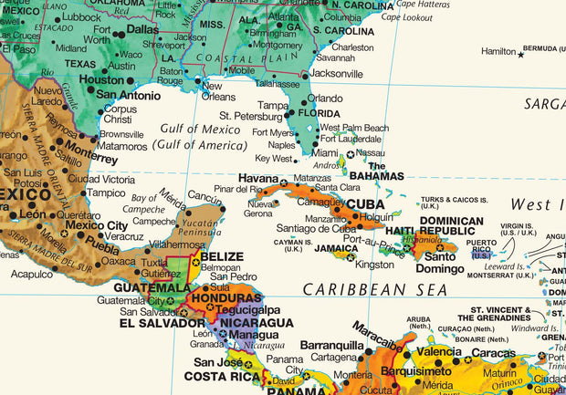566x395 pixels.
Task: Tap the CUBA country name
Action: point(365,204)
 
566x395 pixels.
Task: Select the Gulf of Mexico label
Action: point(200,130)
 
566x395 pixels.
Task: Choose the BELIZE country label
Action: point(223,256)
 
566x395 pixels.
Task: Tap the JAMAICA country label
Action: point(337,247)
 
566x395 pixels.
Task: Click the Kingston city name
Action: point(374,265)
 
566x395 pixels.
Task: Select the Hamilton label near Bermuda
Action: point(498,52)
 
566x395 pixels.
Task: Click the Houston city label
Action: point(100,79)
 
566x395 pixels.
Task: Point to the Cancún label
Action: point(205,195)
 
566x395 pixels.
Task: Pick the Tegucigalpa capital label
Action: point(238,308)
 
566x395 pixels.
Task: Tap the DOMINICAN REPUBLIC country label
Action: point(451,226)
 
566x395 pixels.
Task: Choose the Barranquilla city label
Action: point(332,346)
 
